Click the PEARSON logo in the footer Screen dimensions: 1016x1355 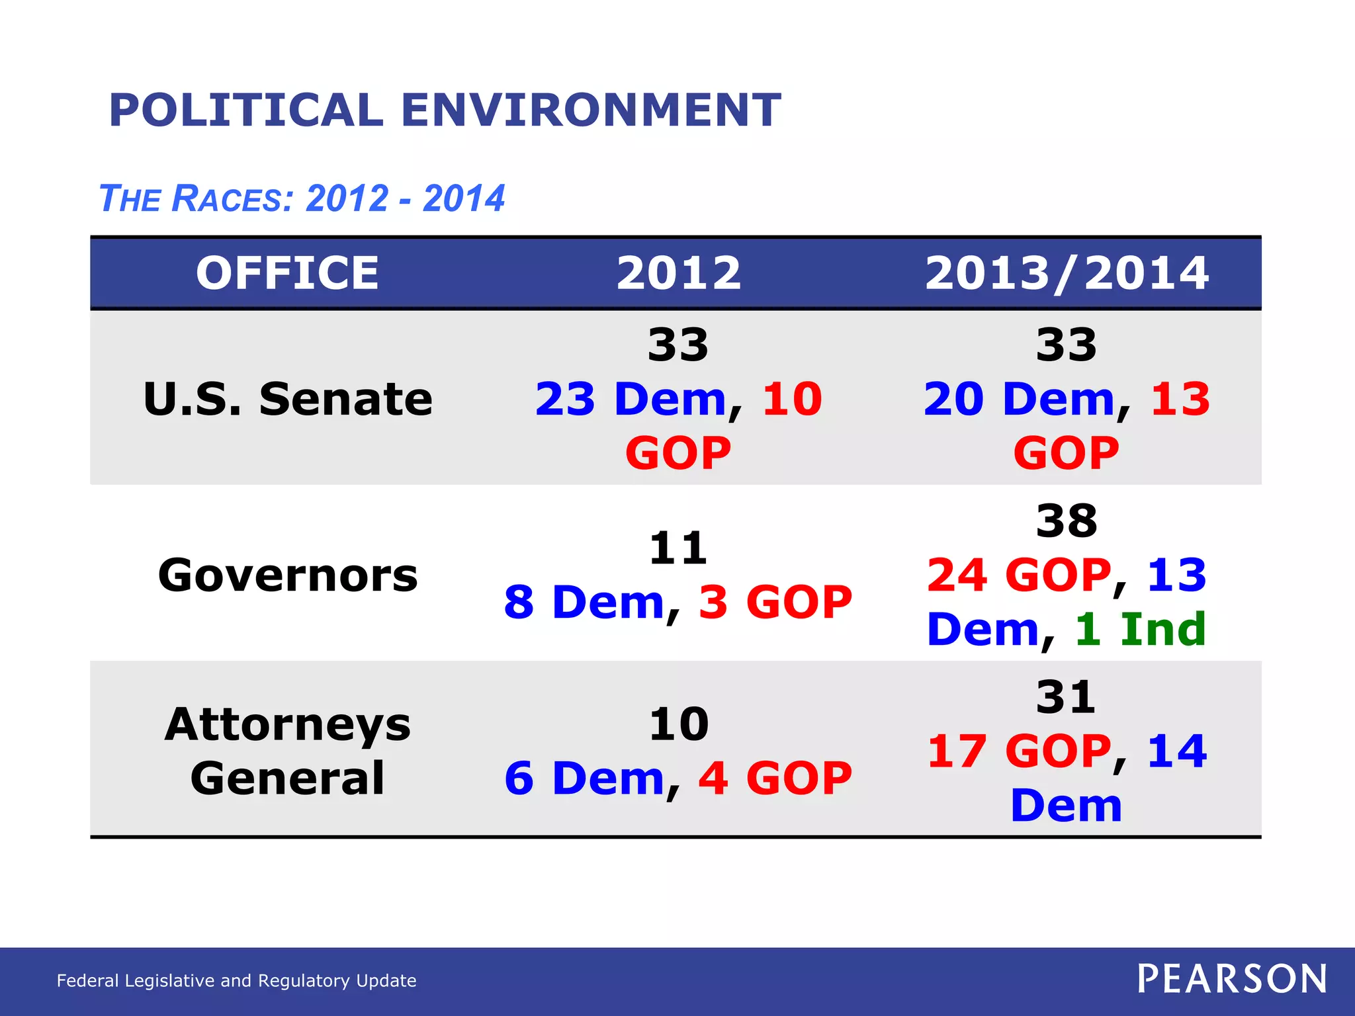tap(1232, 978)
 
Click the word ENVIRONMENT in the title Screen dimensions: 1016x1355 tap(591, 110)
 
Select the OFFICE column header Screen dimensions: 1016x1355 tap(287, 273)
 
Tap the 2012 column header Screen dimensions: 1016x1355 tap(678, 273)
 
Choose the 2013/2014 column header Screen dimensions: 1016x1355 tap(1067, 273)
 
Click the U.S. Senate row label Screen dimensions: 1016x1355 tap(287, 399)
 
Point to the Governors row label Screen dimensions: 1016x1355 tap(287, 575)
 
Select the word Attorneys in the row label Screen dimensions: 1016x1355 tap(287, 724)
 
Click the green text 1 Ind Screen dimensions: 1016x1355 tap(1140, 629)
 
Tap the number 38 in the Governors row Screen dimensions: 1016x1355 tap(1067, 521)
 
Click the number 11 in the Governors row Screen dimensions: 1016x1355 tap(678, 548)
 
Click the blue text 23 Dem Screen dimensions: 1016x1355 tap(631, 399)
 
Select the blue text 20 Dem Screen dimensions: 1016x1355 tap(1019, 399)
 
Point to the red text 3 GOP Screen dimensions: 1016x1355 tap(775, 602)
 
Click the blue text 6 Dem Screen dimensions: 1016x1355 tap(584, 778)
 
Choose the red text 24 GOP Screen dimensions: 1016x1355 tap(1019, 575)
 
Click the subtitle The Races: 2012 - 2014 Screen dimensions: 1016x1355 tap(302, 198)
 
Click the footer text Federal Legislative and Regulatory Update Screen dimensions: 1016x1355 tap(236, 980)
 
